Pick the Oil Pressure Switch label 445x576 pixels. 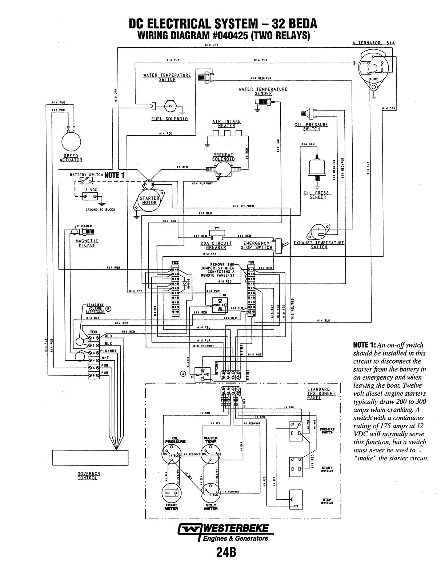[311, 127]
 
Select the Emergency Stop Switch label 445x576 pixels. [256, 245]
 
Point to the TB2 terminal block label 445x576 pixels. [175, 262]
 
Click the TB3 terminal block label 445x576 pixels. [93, 332]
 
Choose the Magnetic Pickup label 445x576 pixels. [87, 243]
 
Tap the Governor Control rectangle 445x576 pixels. [90, 457]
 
